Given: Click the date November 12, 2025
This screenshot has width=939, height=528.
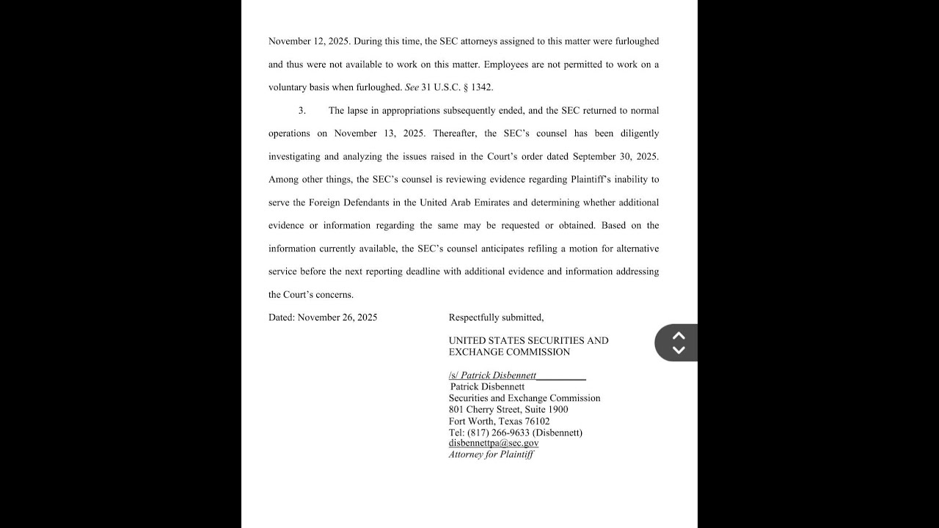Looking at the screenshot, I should tap(308, 42).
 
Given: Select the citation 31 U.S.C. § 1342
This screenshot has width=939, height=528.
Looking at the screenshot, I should tap(456, 87).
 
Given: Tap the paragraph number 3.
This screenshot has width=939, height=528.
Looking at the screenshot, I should tap(302, 111).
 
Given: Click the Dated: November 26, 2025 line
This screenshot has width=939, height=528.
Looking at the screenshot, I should tap(323, 318).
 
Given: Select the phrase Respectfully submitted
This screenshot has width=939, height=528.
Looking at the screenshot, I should tap(496, 318).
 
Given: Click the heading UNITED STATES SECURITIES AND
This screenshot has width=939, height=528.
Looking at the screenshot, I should tap(528, 340).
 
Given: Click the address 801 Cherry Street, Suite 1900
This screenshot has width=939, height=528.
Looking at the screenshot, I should tap(508, 409).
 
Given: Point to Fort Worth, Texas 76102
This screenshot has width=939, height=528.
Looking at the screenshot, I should tap(499, 421).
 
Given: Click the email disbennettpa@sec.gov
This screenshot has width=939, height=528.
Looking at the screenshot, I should tap(494, 443).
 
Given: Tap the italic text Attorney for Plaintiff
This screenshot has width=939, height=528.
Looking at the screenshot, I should tap(491, 455).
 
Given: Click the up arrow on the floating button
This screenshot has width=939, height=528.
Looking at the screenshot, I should tap(679, 335).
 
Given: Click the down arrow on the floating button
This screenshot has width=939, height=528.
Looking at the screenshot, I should tap(679, 350).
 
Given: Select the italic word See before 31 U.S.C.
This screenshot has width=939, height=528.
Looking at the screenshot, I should tap(412, 87).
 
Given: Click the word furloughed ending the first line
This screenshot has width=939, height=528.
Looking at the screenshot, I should tap(635, 42).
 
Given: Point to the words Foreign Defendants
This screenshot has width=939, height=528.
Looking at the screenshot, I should tap(344, 202).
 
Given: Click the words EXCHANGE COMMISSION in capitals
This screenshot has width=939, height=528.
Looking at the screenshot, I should tap(509, 352).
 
